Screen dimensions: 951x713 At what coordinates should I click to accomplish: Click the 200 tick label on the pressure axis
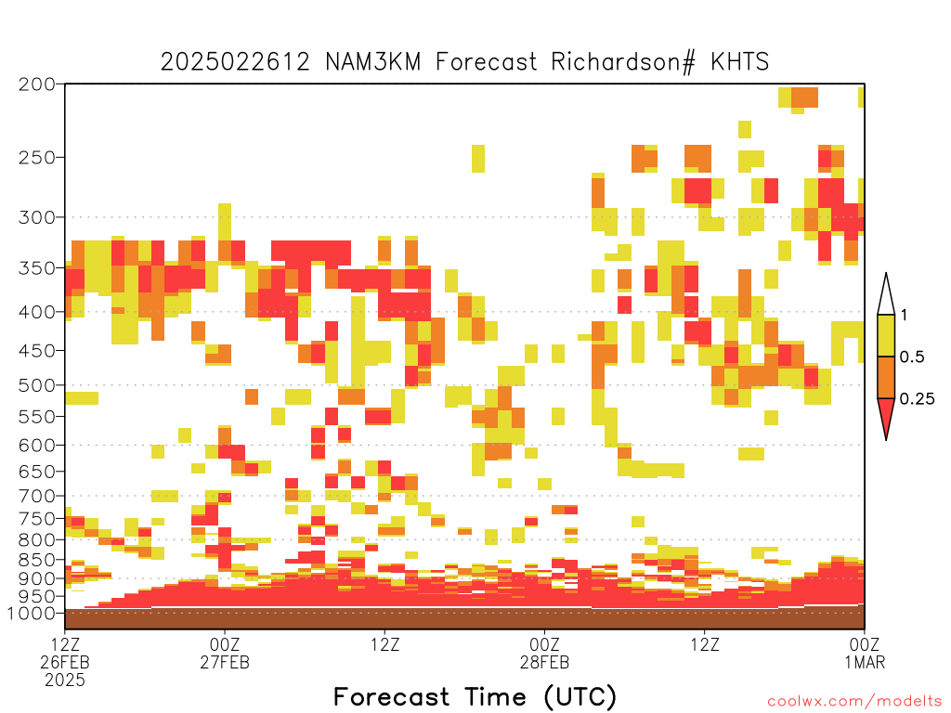point(37,84)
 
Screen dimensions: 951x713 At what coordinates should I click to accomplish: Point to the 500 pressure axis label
point(37,385)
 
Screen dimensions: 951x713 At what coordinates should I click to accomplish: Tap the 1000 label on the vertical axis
point(32,614)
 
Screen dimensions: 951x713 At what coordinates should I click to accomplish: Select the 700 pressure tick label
point(37,497)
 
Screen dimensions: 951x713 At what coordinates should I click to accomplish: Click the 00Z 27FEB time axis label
point(225,653)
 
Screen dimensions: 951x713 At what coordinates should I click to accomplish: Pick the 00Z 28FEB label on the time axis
point(544,653)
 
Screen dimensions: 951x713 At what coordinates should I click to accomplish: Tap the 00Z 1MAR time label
point(865,653)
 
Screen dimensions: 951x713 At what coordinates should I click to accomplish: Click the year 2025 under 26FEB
point(65,681)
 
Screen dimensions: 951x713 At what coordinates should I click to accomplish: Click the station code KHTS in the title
point(739,62)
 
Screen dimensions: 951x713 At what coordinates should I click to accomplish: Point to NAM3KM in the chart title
point(373,62)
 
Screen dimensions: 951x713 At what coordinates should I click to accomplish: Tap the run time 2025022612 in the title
point(235,62)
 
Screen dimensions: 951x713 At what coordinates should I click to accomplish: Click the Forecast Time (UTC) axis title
point(475,697)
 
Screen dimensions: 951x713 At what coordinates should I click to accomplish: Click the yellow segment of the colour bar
point(886,335)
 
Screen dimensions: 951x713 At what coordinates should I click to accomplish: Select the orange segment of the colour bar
point(886,377)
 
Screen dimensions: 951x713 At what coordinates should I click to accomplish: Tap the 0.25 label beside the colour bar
point(917,399)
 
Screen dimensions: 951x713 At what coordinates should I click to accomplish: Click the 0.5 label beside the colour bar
point(912,357)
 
